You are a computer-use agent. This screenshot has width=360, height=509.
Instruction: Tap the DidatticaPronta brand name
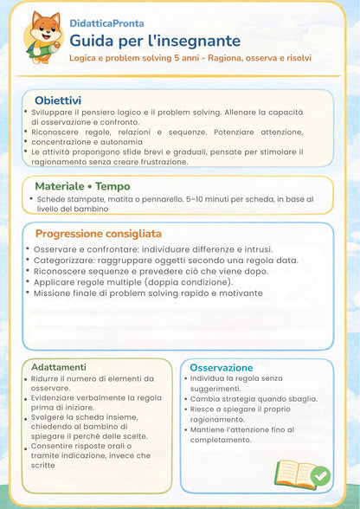point(106,24)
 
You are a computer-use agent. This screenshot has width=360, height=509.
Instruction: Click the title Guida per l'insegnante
point(155,40)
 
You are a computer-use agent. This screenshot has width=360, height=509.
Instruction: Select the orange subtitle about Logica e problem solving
point(190,58)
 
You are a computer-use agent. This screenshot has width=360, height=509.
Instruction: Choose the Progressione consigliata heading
point(98,234)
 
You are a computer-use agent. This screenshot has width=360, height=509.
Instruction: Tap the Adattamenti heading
point(53,367)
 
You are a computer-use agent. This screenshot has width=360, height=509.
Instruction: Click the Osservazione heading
point(222,368)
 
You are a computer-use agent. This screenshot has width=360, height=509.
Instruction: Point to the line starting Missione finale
point(147,293)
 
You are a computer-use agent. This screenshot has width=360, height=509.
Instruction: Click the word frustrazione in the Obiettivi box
point(161,161)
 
